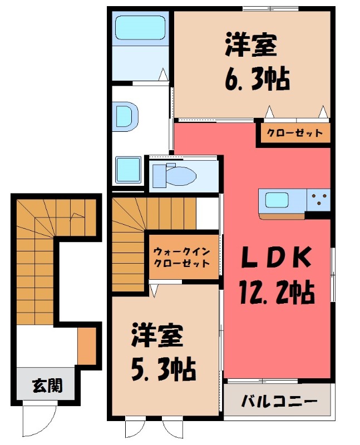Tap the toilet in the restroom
click(x=181, y=176)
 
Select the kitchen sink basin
click(x=277, y=200)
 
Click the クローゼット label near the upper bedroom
click(x=294, y=133)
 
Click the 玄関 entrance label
click(x=46, y=384)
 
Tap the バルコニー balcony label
click(x=279, y=401)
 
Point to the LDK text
click(x=276, y=258)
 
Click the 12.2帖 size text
click(x=277, y=291)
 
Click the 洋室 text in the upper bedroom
click(x=251, y=46)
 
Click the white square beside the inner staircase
click(x=207, y=212)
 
